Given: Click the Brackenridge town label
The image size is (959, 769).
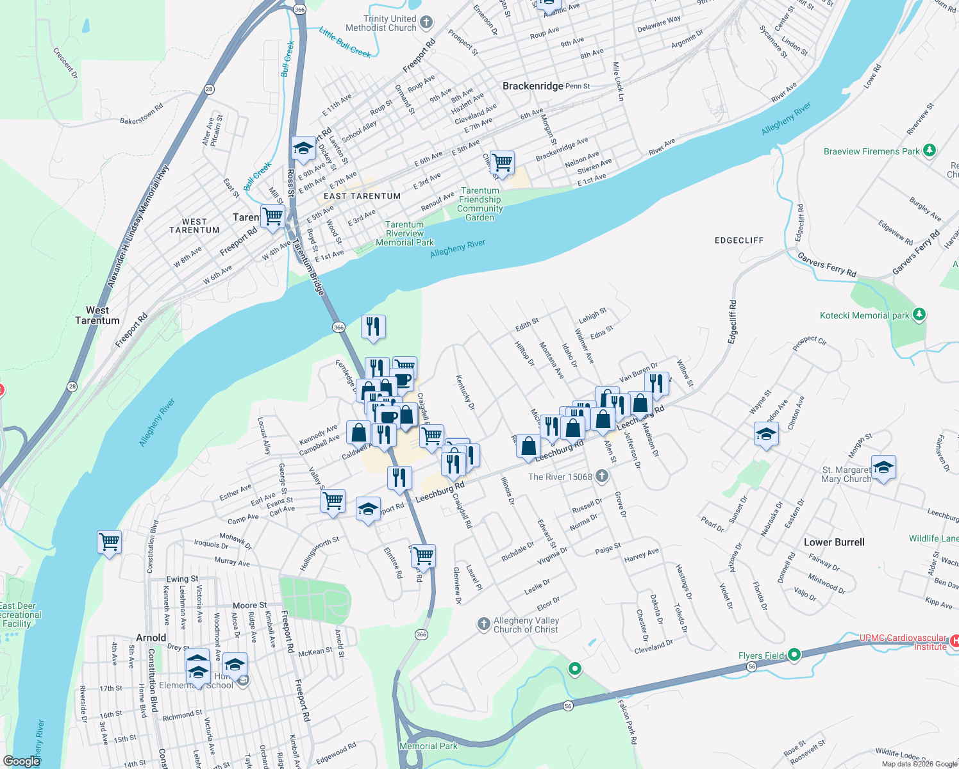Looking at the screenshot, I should (533, 86).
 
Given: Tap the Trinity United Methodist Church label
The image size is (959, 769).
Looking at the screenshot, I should (381, 24).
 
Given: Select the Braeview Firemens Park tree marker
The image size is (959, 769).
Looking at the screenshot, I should (929, 151).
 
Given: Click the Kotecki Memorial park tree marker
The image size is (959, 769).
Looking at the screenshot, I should (919, 315).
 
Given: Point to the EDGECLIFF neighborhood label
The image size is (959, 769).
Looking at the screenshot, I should (739, 240).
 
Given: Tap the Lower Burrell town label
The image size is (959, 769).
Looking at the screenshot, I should (834, 542).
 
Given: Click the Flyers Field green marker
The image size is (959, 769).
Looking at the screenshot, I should (794, 655).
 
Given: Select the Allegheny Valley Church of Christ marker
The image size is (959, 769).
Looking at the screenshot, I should (484, 624).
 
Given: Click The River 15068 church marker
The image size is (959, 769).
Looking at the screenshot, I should (601, 476).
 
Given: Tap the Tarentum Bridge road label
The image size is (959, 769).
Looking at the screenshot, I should (309, 267).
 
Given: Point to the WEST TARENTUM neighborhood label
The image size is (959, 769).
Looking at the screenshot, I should (194, 226).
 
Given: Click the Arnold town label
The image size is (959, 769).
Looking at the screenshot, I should (151, 638).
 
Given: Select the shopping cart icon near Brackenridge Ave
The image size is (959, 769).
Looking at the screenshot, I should (502, 163).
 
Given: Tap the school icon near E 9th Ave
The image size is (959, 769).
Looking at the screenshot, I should (303, 149).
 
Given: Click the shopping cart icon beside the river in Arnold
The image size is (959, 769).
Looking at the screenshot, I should (110, 542).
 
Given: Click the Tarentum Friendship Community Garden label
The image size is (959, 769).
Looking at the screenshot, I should (480, 204).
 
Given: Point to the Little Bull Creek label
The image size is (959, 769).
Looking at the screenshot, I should (345, 42).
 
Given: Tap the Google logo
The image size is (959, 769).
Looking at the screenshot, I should (21, 761).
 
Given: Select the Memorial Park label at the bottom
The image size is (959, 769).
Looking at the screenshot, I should (428, 746).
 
